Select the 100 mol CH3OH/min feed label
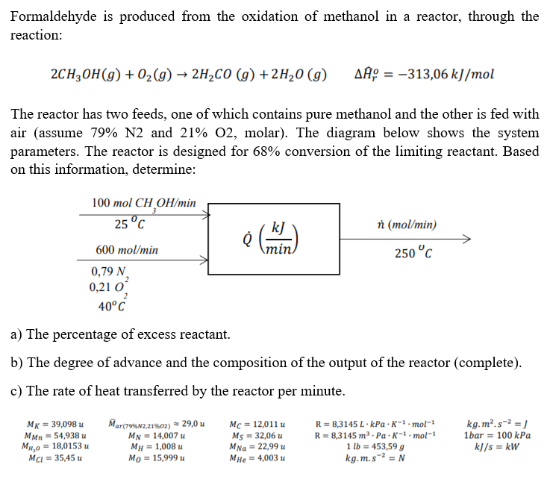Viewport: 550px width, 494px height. (143, 203)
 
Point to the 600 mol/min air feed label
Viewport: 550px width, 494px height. (127, 250)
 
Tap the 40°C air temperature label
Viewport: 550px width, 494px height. (112, 304)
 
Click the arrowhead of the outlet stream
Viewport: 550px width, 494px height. (466, 240)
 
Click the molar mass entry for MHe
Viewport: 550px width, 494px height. (259, 457)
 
